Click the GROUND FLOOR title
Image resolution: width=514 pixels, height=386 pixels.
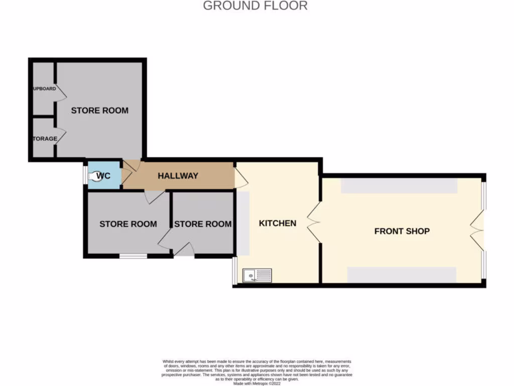click(x=255, y=6)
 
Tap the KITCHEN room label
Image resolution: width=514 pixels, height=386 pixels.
click(x=278, y=223)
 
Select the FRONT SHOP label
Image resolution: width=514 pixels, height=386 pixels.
click(x=402, y=231)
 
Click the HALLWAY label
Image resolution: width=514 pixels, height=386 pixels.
click(x=178, y=176)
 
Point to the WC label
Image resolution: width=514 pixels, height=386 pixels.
click(x=103, y=176)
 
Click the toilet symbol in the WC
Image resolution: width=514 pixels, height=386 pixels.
click(x=94, y=176)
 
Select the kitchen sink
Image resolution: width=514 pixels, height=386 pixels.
click(x=257, y=275)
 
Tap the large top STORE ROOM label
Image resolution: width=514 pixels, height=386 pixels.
click(x=99, y=111)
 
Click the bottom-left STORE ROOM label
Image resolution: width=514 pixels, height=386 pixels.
click(x=127, y=224)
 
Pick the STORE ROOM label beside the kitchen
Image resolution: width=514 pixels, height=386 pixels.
click(x=203, y=224)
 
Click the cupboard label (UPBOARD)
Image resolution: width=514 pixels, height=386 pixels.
click(x=44, y=89)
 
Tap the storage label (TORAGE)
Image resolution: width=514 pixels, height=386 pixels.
click(x=45, y=139)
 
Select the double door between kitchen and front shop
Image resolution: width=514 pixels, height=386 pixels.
click(x=315, y=223)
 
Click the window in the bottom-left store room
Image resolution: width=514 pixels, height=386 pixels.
click(x=133, y=256)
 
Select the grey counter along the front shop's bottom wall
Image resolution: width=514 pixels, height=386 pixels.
click(x=402, y=275)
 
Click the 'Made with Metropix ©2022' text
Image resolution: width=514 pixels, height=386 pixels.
click(x=257, y=383)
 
